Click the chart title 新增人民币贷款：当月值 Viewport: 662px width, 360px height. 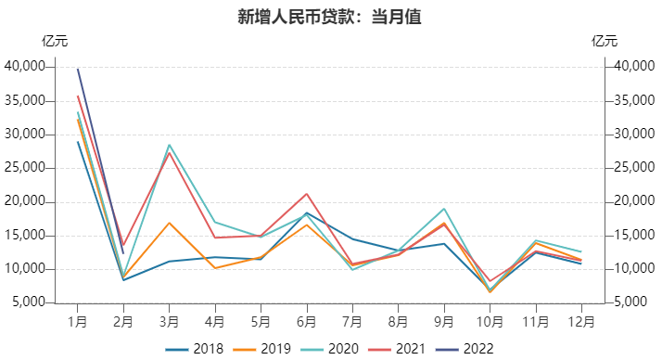(x=330, y=17)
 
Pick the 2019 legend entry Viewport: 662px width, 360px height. (x=261, y=349)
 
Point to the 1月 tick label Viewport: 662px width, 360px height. (x=78, y=321)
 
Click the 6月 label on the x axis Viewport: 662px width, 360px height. (x=307, y=321)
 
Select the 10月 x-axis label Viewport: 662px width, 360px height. (x=490, y=321)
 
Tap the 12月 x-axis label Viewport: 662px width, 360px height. (x=581, y=321)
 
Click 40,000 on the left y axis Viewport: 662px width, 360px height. (x=25, y=67)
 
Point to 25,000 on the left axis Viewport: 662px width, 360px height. (x=25, y=168)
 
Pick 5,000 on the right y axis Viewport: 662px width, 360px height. (x=630, y=303)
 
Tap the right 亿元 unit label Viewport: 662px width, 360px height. (x=604, y=41)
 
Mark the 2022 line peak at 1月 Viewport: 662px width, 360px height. (x=78, y=69)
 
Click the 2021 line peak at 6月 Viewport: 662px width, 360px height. (x=307, y=194)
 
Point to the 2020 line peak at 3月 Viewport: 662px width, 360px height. (x=170, y=145)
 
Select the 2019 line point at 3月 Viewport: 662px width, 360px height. (x=170, y=223)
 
